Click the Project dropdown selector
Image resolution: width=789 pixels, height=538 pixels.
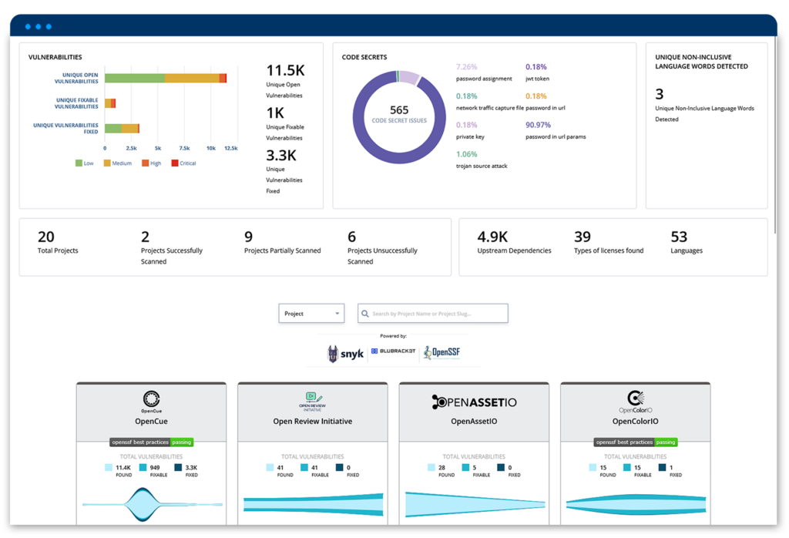311,314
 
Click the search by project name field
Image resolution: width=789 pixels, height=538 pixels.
433,314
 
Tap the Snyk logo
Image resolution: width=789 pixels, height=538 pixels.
344,354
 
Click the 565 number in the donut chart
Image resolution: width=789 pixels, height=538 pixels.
399,110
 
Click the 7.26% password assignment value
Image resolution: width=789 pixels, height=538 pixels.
468,67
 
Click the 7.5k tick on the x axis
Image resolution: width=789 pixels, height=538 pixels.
184,148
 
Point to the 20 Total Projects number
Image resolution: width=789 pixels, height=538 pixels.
46,237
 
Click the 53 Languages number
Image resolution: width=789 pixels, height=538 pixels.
679,237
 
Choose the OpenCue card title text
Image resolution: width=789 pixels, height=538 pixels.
151,422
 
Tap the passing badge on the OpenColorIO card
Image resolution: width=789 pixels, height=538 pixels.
666,442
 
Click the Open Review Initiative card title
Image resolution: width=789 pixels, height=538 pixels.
313,422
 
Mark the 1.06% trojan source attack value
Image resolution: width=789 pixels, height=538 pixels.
468,153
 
